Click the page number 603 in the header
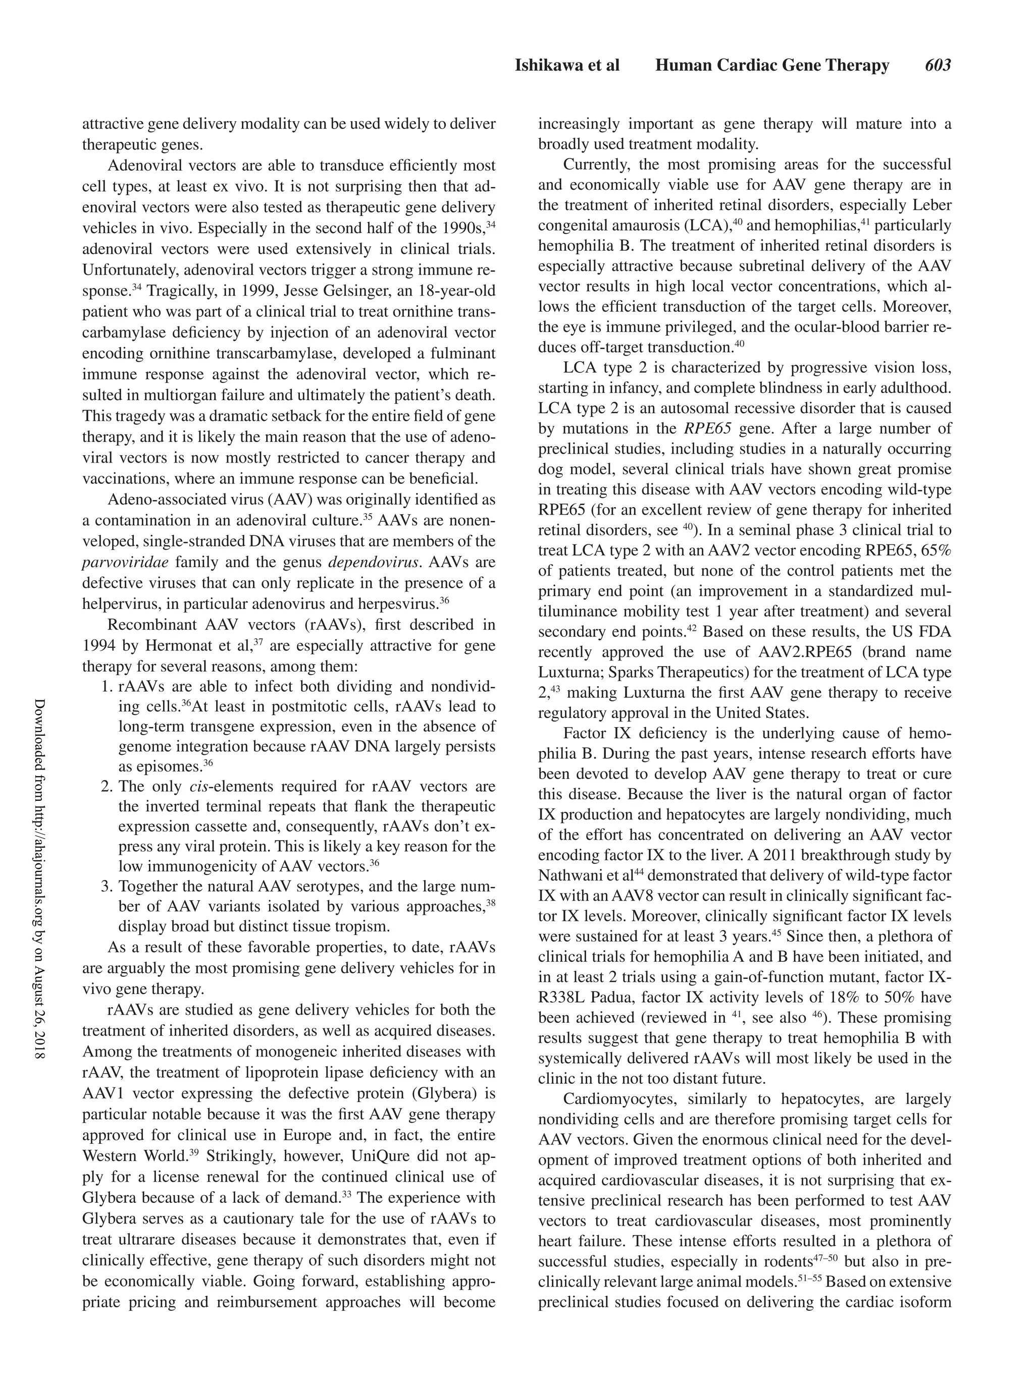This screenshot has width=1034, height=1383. click(x=937, y=66)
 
